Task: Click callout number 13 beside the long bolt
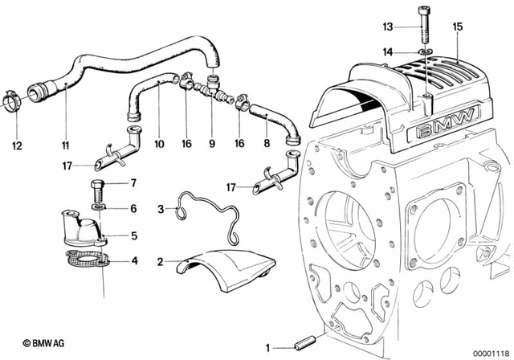[388, 27]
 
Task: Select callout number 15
[458, 27]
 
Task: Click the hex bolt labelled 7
[97, 190]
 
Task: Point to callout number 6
[133, 209]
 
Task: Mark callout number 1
[267, 347]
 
